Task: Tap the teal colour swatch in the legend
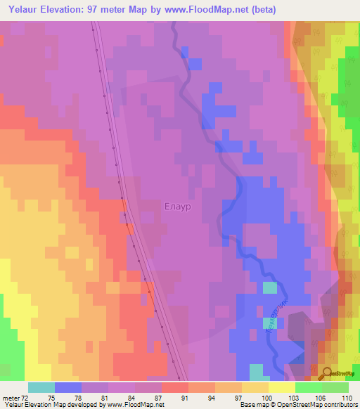pyautogui.click(x=41, y=387)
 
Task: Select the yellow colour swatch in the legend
pyautogui.click(x=281, y=387)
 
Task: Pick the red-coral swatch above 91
pyautogui.click(x=175, y=387)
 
